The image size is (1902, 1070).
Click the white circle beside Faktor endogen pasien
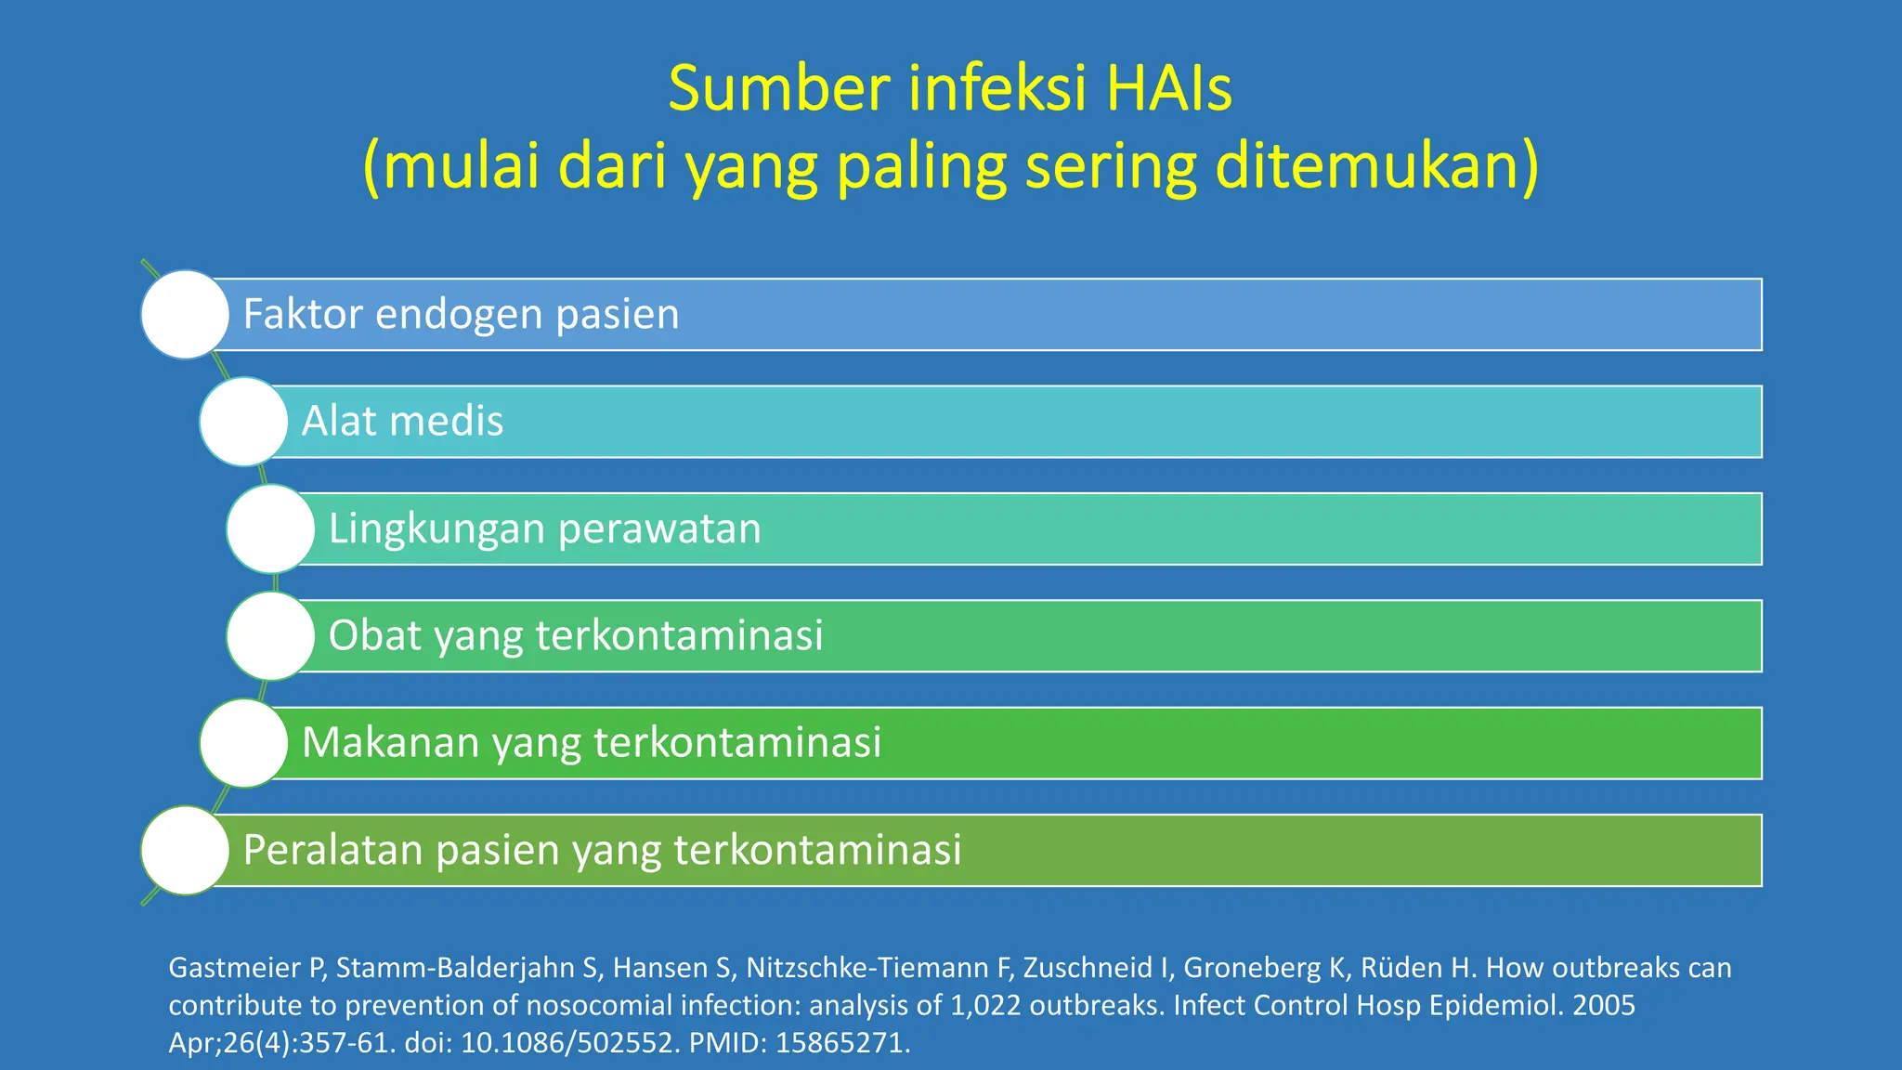[185, 314]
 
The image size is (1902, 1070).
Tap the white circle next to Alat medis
[243, 422]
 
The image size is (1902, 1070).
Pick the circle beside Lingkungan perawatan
[270, 528]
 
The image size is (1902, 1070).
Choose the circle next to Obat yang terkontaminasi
[270, 636]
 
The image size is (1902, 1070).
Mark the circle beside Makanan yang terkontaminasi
[243, 743]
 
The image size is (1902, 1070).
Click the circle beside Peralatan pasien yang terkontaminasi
[185, 850]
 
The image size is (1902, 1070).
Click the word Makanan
[390, 743]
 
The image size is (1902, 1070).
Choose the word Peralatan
[332, 851]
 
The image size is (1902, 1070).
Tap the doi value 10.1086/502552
[567, 1043]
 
